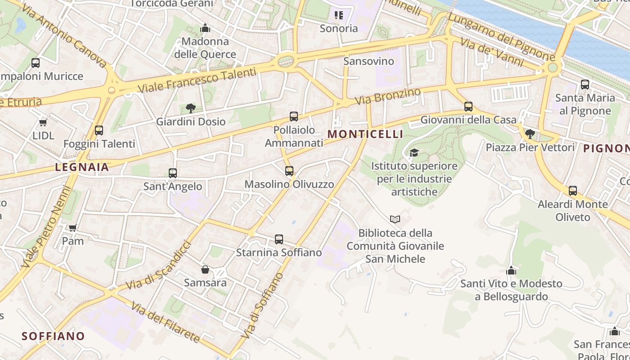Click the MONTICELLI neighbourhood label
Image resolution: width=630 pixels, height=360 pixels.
tap(365, 134)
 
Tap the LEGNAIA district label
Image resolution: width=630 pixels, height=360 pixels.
tap(82, 167)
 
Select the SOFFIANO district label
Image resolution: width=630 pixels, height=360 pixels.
tap(53, 336)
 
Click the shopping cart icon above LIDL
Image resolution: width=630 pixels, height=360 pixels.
tap(43, 122)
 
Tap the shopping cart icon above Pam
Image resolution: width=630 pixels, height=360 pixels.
tap(73, 228)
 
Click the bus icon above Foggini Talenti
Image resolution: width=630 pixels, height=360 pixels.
tap(99, 130)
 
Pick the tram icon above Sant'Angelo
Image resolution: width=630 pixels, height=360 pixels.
tap(173, 173)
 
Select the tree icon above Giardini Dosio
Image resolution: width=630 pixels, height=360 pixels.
tap(191, 108)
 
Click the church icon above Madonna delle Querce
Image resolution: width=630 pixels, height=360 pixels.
tap(205, 28)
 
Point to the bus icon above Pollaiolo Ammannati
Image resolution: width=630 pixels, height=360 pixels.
tap(294, 117)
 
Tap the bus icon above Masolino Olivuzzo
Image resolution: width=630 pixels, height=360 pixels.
tap(289, 171)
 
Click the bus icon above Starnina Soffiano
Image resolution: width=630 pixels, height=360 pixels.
tap(279, 239)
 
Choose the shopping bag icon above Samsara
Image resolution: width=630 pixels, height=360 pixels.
tap(205, 270)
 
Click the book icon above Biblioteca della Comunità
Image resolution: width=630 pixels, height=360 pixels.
tap(395, 219)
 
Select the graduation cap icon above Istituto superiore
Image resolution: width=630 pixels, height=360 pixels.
tap(414, 153)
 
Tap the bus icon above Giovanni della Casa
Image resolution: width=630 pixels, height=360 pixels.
tap(468, 107)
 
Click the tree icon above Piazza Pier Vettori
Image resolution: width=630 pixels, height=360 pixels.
tap(530, 134)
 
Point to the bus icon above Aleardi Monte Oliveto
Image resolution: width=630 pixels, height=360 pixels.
tap(573, 191)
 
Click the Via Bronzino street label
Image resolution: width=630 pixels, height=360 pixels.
tap(387, 97)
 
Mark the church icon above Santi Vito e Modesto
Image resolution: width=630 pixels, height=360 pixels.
tap(511, 270)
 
